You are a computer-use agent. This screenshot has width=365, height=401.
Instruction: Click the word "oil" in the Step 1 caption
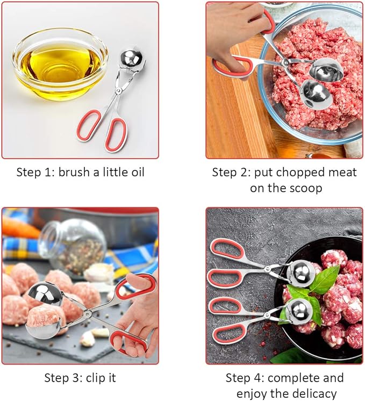click(x=136, y=172)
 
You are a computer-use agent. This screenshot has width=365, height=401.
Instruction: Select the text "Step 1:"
click(x=35, y=172)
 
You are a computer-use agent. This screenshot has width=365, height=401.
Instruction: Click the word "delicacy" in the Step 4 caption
click(x=316, y=393)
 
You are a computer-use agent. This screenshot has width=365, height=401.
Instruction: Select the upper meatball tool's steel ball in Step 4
click(x=300, y=272)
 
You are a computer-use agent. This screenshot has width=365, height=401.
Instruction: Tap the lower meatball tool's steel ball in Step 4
click(x=298, y=310)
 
